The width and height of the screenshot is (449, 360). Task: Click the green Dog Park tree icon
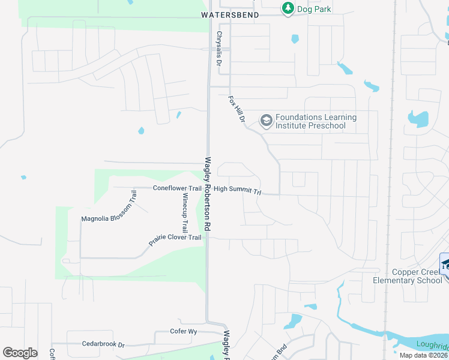click(288, 8)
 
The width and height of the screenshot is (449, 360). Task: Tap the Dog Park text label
click(315, 9)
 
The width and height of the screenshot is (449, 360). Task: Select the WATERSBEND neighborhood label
click(230, 14)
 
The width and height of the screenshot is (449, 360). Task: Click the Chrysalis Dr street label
click(220, 49)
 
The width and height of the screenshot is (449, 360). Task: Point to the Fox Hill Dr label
click(238, 110)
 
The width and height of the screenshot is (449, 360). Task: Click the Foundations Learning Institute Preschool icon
click(266, 121)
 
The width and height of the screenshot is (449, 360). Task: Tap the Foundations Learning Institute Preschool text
click(316, 121)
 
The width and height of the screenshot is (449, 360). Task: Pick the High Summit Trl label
click(238, 190)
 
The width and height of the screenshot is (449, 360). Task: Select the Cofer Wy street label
click(184, 331)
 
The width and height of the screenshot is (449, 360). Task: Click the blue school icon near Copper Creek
click(445, 265)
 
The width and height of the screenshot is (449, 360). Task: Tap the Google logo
click(20, 352)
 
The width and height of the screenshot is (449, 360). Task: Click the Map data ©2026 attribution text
click(423, 355)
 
